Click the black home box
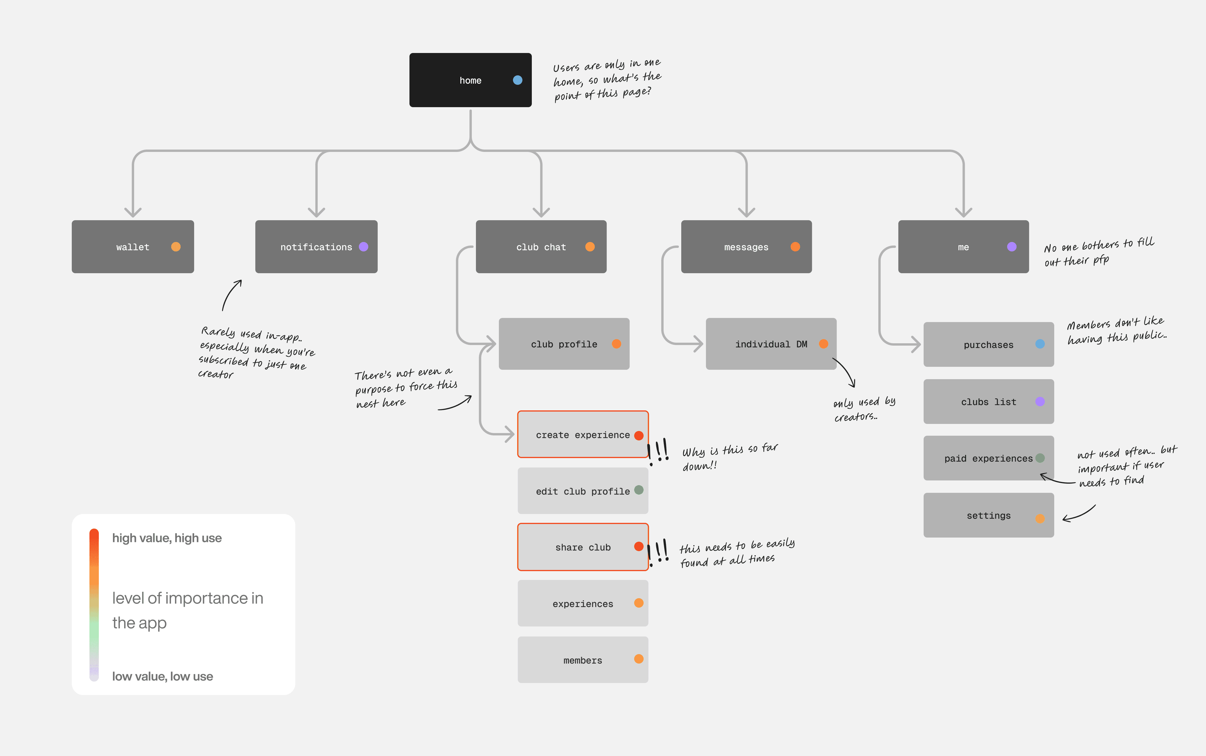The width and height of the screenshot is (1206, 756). (x=470, y=80)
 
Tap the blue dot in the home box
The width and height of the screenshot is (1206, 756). (x=518, y=80)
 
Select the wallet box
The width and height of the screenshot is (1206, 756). (x=133, y=246)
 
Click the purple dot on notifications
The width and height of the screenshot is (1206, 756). (x=364, y=246)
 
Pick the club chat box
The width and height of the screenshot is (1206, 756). (x=541, y=246)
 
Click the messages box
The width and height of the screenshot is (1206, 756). (x=746, y=246)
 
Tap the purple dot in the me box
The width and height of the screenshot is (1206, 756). (x=1012, y=246)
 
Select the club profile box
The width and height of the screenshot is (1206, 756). (x=564, y=344)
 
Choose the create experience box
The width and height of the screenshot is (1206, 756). (x=583, y=435)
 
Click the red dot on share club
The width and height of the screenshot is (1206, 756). (x=639, y=546)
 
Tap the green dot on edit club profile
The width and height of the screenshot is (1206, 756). (x=639, y=490)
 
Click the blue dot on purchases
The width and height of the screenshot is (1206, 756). (x=1040, y=344)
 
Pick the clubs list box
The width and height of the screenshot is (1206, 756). (x=989, y=402)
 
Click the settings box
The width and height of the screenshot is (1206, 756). (x=989, y=515)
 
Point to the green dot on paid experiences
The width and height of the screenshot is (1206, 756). (x=1040, y=458)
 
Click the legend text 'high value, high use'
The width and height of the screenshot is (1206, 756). (x=167, y=538)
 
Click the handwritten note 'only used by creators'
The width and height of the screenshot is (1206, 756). (x=864, y=409)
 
